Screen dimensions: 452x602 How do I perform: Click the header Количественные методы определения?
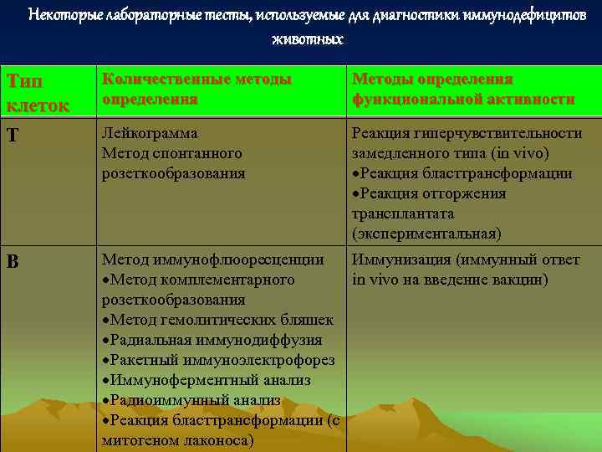(196, 89)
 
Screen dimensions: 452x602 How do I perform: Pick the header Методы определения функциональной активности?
(462, 89)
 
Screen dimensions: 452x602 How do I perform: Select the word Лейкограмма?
(149, 134)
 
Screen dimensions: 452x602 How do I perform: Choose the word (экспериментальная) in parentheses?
(426, 234)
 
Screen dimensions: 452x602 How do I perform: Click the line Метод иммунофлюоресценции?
(212, 259)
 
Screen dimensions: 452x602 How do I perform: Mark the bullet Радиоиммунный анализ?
(191, 400)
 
